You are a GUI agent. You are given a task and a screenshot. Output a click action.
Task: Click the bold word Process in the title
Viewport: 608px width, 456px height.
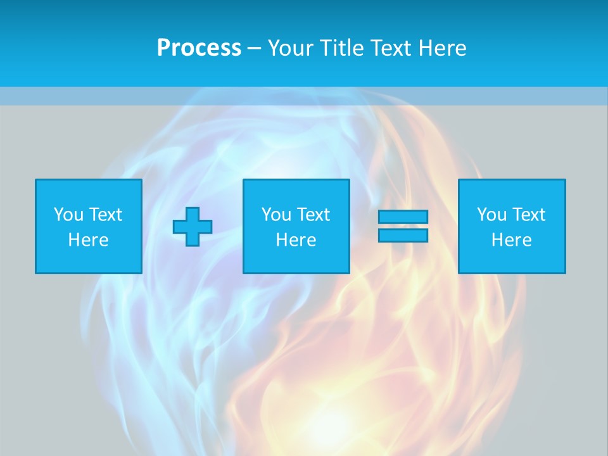coord(199,48)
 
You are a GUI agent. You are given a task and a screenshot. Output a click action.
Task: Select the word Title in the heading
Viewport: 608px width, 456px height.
coord(340,48)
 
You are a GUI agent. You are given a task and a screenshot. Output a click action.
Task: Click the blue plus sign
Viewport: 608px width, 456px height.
coord(193,226)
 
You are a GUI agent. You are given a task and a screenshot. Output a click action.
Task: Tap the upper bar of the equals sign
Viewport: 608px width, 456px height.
coord(403,217)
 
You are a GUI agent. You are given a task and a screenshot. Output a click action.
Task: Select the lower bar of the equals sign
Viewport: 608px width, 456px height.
coord(403,236)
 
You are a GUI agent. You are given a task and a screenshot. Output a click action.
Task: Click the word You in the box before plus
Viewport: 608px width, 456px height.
coord(68,215)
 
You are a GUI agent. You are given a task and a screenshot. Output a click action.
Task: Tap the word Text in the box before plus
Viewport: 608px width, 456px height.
coord(105,215)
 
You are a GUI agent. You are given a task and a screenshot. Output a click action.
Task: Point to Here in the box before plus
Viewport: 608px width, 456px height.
coord(89,240)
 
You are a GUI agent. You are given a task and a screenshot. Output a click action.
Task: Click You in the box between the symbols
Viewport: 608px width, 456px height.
coord(276,215)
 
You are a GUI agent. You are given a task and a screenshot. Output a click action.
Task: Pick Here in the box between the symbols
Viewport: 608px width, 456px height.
coord(296,240)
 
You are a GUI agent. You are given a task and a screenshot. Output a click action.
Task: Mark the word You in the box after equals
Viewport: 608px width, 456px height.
coord(491,215)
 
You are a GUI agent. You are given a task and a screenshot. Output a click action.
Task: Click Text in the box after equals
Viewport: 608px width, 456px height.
coord(528,215)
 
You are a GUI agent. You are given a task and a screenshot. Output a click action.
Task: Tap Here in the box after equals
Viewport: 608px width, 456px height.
coord(512,240)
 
